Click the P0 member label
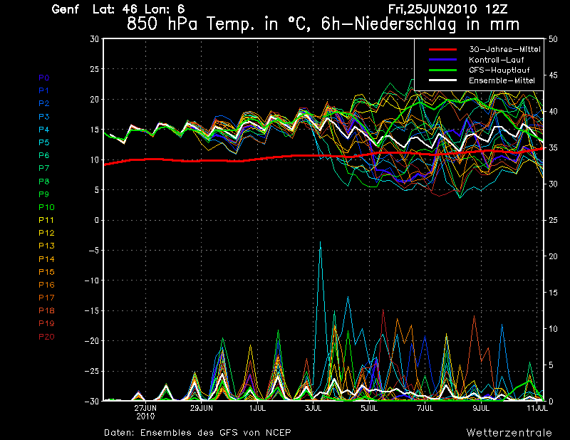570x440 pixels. (44, 78)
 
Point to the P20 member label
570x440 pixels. (46, 336)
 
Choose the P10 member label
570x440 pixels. (46, 207)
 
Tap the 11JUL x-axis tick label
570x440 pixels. (537, 409)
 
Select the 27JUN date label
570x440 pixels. (146, 409)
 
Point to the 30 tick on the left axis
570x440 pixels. (94, 38)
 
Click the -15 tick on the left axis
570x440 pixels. (92, 310)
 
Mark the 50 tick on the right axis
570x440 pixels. (554, 38)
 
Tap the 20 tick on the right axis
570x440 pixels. (554, 256)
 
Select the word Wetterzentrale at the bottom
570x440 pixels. (509, 432)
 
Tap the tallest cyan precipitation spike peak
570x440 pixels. (321, 243)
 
